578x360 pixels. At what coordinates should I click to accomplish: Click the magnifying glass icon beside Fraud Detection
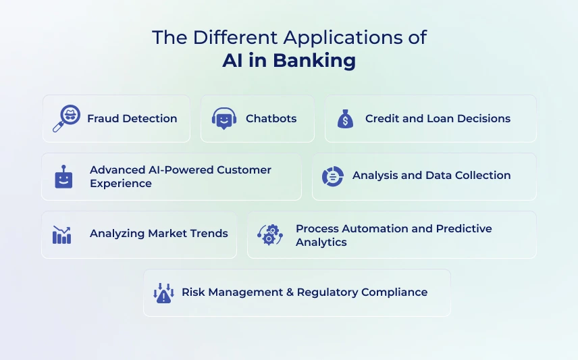[66, 118]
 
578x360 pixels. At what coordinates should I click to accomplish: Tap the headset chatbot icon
[224, 118]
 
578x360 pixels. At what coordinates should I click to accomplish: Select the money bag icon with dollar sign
[346, 119]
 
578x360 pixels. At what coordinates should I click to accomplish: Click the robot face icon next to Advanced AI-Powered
[63, 177]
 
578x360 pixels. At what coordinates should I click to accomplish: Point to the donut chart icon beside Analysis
[332, 176]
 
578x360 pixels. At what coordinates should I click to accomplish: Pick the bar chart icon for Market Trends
[61, 234]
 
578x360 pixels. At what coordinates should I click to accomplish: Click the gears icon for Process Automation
[270, 234]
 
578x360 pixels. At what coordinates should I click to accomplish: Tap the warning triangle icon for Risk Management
[163, 293]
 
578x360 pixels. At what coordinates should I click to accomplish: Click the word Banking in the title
[315, 61]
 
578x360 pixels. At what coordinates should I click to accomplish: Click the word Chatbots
[271, 118]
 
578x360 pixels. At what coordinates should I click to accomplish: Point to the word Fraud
[103, 118]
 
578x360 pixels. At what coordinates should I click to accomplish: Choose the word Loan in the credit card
[440, 118]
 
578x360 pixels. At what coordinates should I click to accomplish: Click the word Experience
[121, 184]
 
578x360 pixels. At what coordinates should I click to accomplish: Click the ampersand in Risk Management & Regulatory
[290, 292]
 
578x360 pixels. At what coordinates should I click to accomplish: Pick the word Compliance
[394, 292]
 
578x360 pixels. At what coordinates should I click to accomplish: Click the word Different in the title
[235, 38]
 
